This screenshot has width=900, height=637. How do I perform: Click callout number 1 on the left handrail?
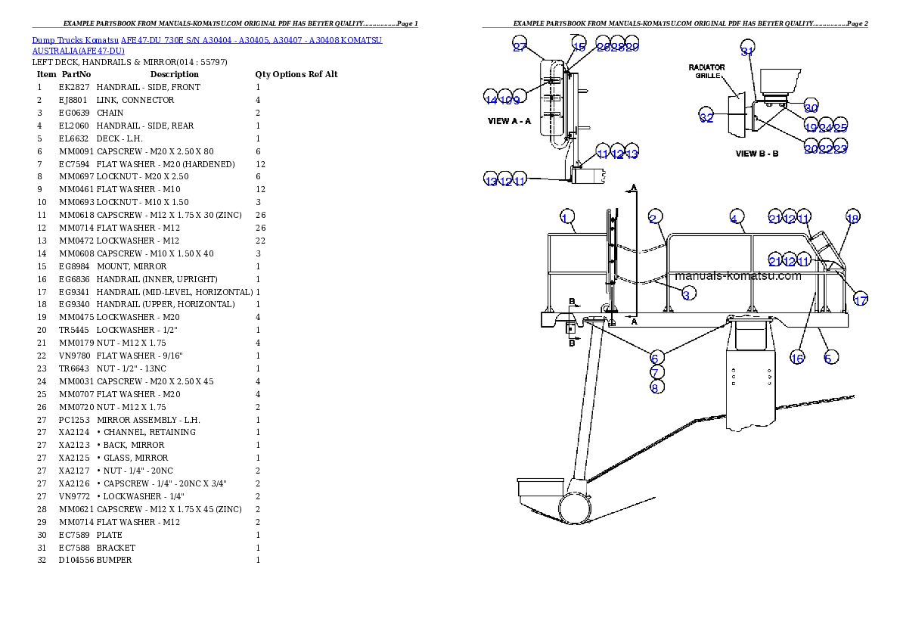[x=564, y=219]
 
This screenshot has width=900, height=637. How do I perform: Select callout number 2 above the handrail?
[x=653, y=219]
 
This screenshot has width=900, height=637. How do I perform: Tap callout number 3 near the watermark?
[x=687, y=294]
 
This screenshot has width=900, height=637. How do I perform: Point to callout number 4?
[x=734, y=219]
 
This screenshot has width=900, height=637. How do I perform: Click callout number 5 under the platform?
[x=829, y=357]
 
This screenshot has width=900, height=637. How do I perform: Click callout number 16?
[x=797, y=358]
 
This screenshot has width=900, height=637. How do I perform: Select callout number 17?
[x=860, y=300]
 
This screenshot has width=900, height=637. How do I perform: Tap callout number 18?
[x=852, y=219]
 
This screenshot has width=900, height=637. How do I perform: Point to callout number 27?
[x=520, y=46]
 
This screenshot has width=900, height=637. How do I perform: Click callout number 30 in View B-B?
[x=811, y=107]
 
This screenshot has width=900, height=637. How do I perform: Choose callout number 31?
[x=747, y=51]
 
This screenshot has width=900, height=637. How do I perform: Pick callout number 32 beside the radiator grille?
[x=706, y=117]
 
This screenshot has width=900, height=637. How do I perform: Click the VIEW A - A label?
[x=510, y=121]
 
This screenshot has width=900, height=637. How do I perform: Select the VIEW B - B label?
[x=757, y=154]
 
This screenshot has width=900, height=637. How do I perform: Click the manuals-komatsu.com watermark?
[x=737, y=276]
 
